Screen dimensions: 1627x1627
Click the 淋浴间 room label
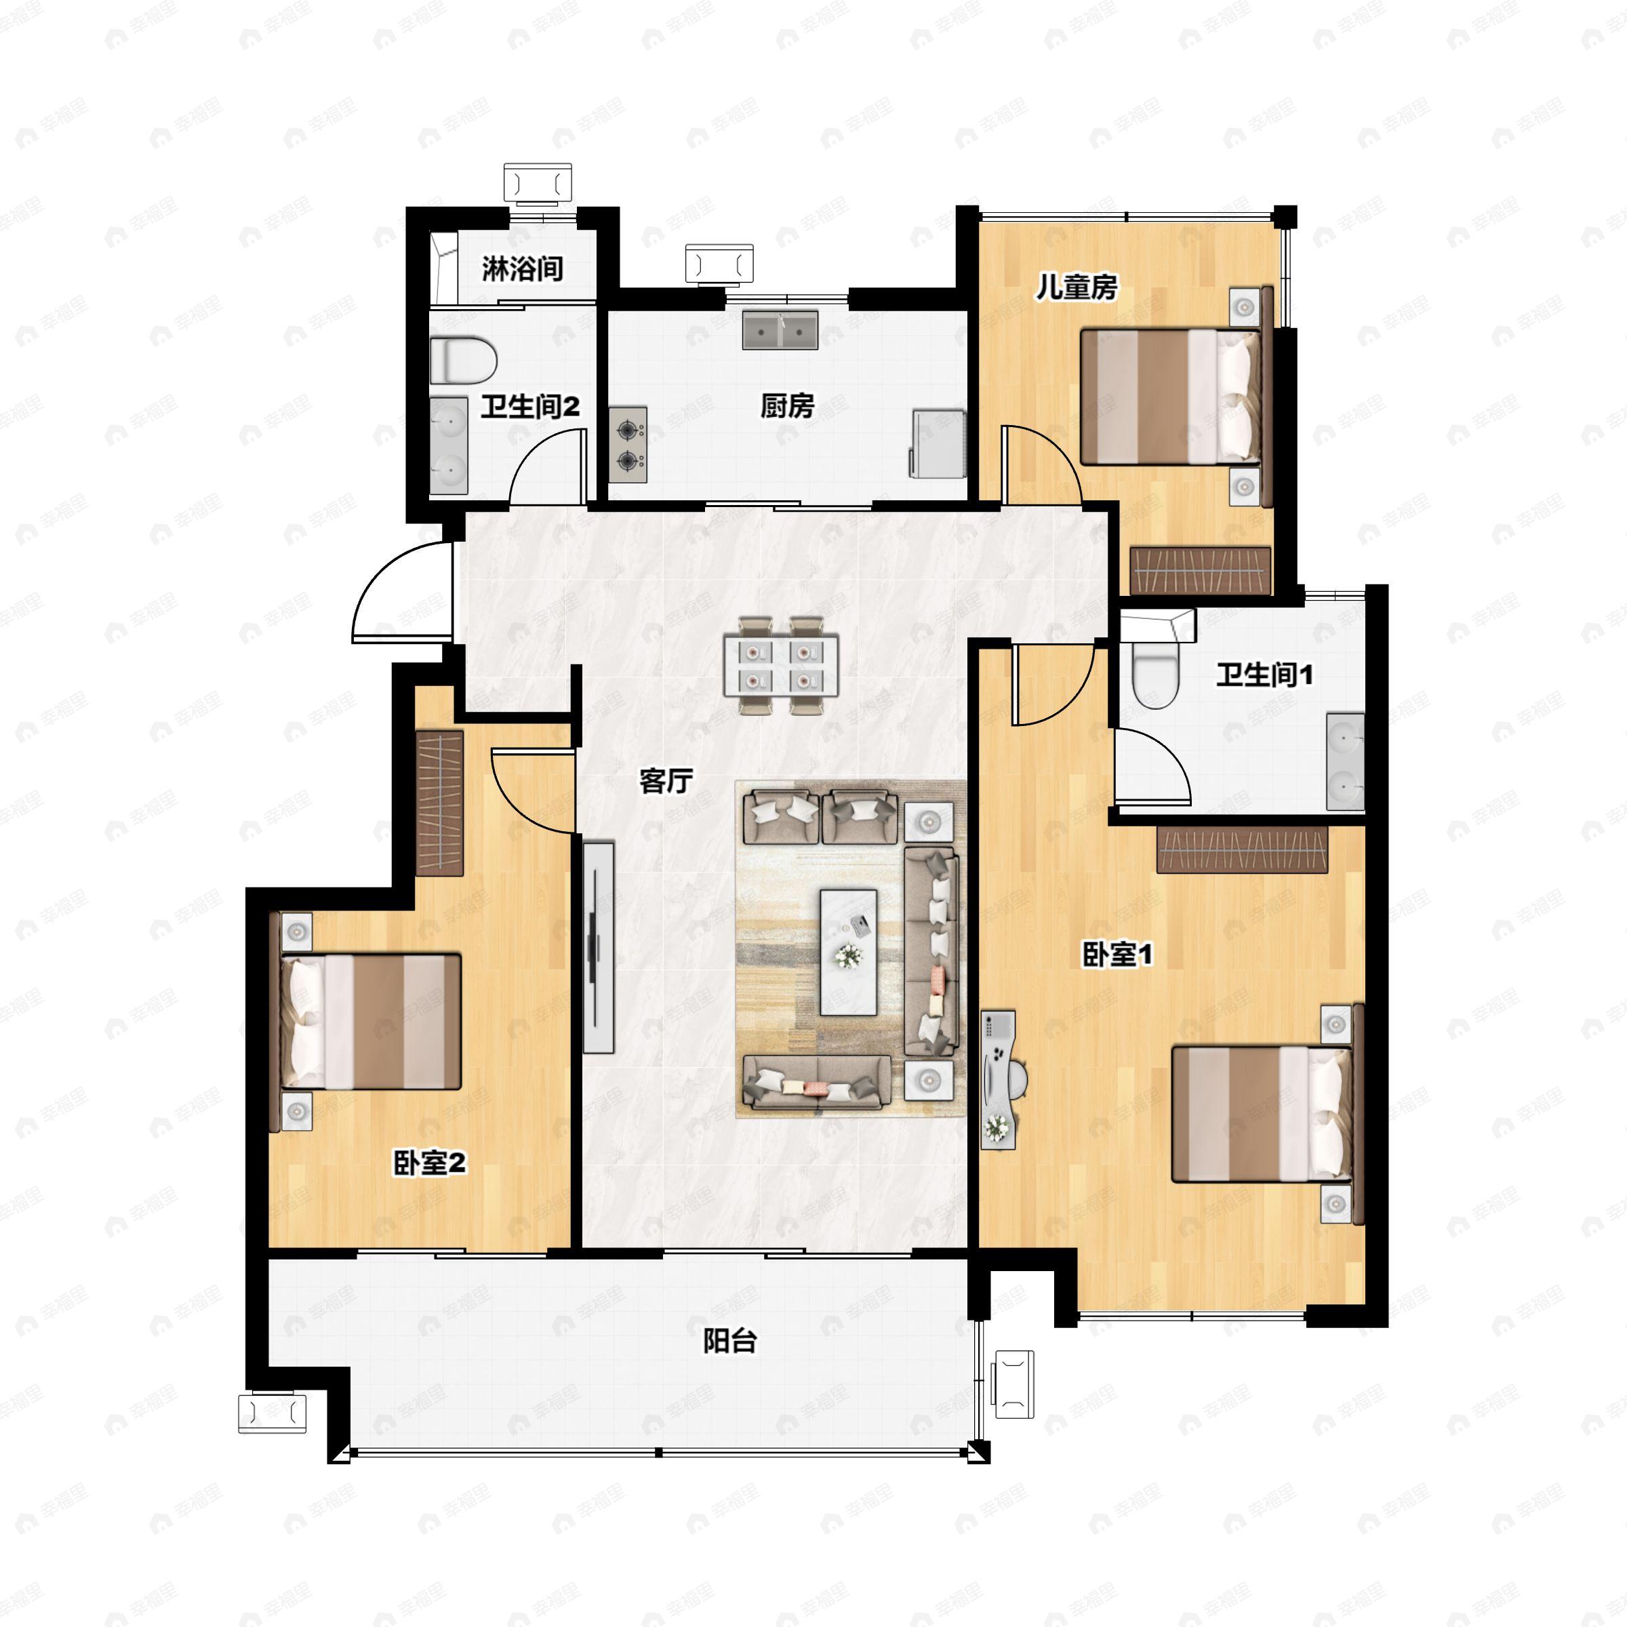point(522,270)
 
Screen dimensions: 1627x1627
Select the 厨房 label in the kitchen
point(787,406)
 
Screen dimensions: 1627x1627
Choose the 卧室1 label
point(1117,955)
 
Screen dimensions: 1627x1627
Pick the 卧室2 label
point(430,1164)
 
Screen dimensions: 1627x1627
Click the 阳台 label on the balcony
point(730,1341)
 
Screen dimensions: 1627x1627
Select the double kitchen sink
point(780,330)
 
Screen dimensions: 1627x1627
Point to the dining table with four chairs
point(781,665)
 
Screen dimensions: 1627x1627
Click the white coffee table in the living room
point(848,952)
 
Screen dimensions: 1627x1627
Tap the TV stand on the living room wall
point(598,946)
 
